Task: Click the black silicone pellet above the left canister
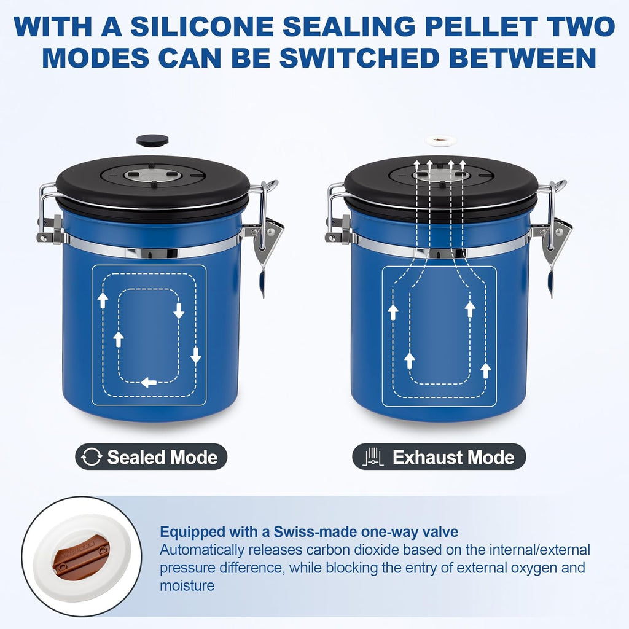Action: point(152,140)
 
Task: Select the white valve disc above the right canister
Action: point(440,141)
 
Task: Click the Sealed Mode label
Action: point(162,458)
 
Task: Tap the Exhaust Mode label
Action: point(453,458)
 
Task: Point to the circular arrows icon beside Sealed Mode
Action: point(92,458)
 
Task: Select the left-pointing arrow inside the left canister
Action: point(149,383)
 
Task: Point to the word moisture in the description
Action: point(187,585)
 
